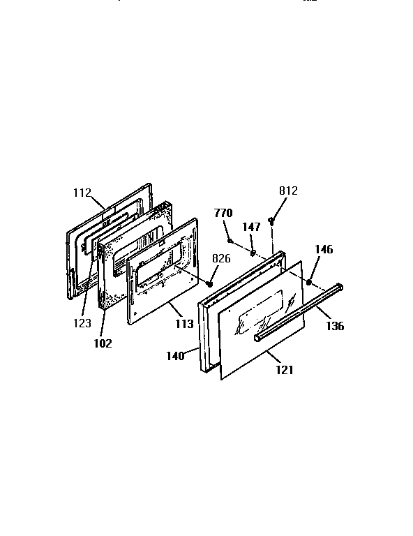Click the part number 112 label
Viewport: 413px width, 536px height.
point(82,193)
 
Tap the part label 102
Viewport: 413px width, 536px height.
point(102,343)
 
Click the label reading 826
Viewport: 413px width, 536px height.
point(222,259)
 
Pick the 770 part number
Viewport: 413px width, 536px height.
point(223,214)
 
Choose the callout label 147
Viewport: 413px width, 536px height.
point(252,227)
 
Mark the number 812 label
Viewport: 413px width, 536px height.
point(287,190)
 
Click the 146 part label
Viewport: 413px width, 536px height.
point(324,249)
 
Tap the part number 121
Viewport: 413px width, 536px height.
point(284,369)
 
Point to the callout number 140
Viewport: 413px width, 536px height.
point(174,356)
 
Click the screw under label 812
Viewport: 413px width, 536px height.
point(271,221)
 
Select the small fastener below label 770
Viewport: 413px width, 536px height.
point(230,240)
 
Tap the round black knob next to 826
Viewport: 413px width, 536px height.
point(209,283)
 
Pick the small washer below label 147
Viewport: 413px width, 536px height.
point(253,252)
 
